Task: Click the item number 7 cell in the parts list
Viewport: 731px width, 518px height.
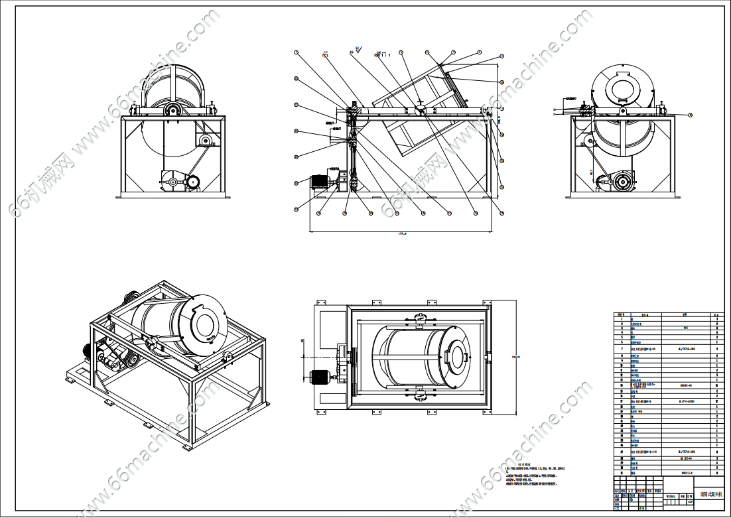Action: [x=622, y=348]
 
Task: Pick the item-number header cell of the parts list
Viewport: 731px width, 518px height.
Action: [x=622, y=316]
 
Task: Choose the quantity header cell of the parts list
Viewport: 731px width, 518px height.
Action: [x=716, y=316]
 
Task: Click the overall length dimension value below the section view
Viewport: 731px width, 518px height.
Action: [x=401, y=234]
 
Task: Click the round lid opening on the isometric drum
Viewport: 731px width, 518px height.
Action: [x=204, y=328]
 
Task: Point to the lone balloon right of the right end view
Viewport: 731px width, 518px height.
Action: [x=690, y=115]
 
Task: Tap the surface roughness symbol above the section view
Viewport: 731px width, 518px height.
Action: [x=358, y=49]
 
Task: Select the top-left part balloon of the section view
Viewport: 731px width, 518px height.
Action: [x=297, y=52]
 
